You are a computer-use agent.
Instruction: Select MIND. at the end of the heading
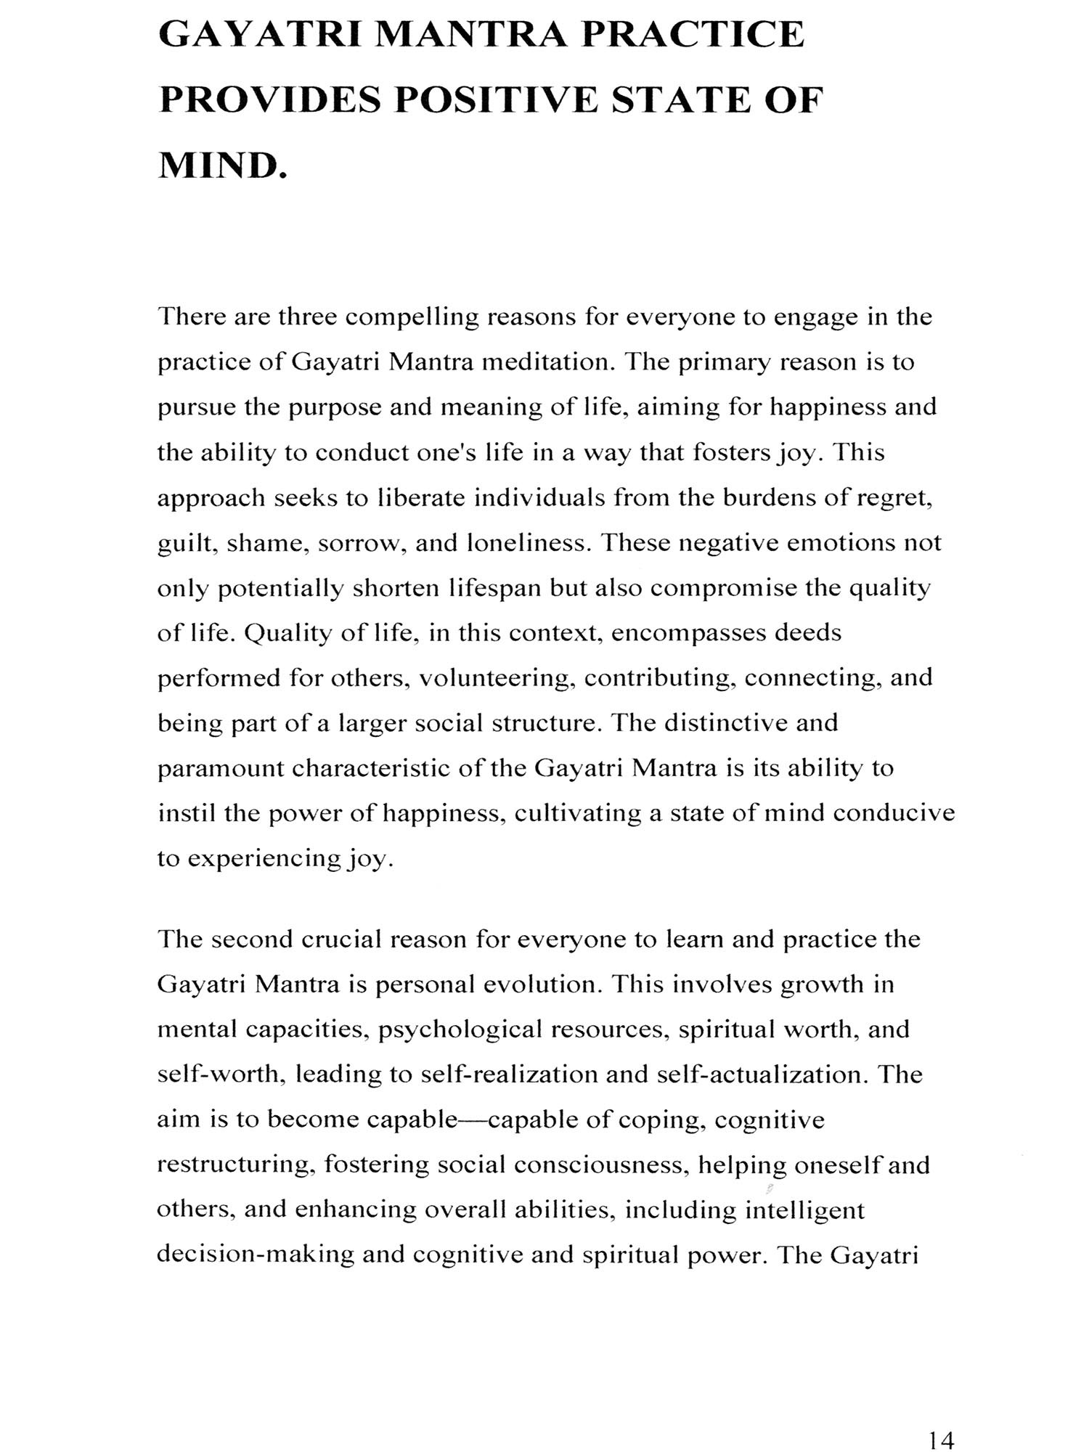[223, 166]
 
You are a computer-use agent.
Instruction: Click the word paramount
[220, 769]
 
